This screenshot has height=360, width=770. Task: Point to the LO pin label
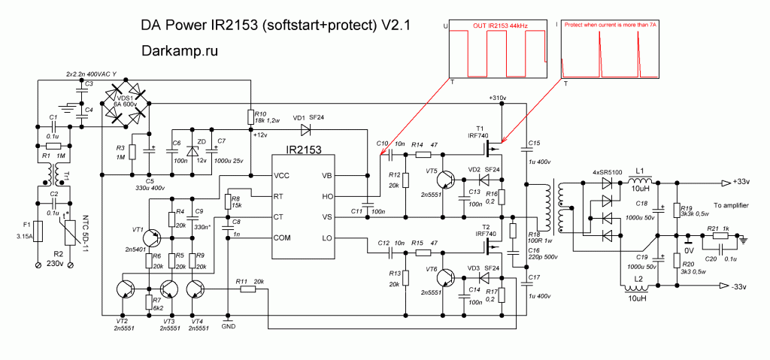(x=327, y=239)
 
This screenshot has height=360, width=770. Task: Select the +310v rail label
(x=497, y=98)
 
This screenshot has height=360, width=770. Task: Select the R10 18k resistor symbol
(x=250, y=116)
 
